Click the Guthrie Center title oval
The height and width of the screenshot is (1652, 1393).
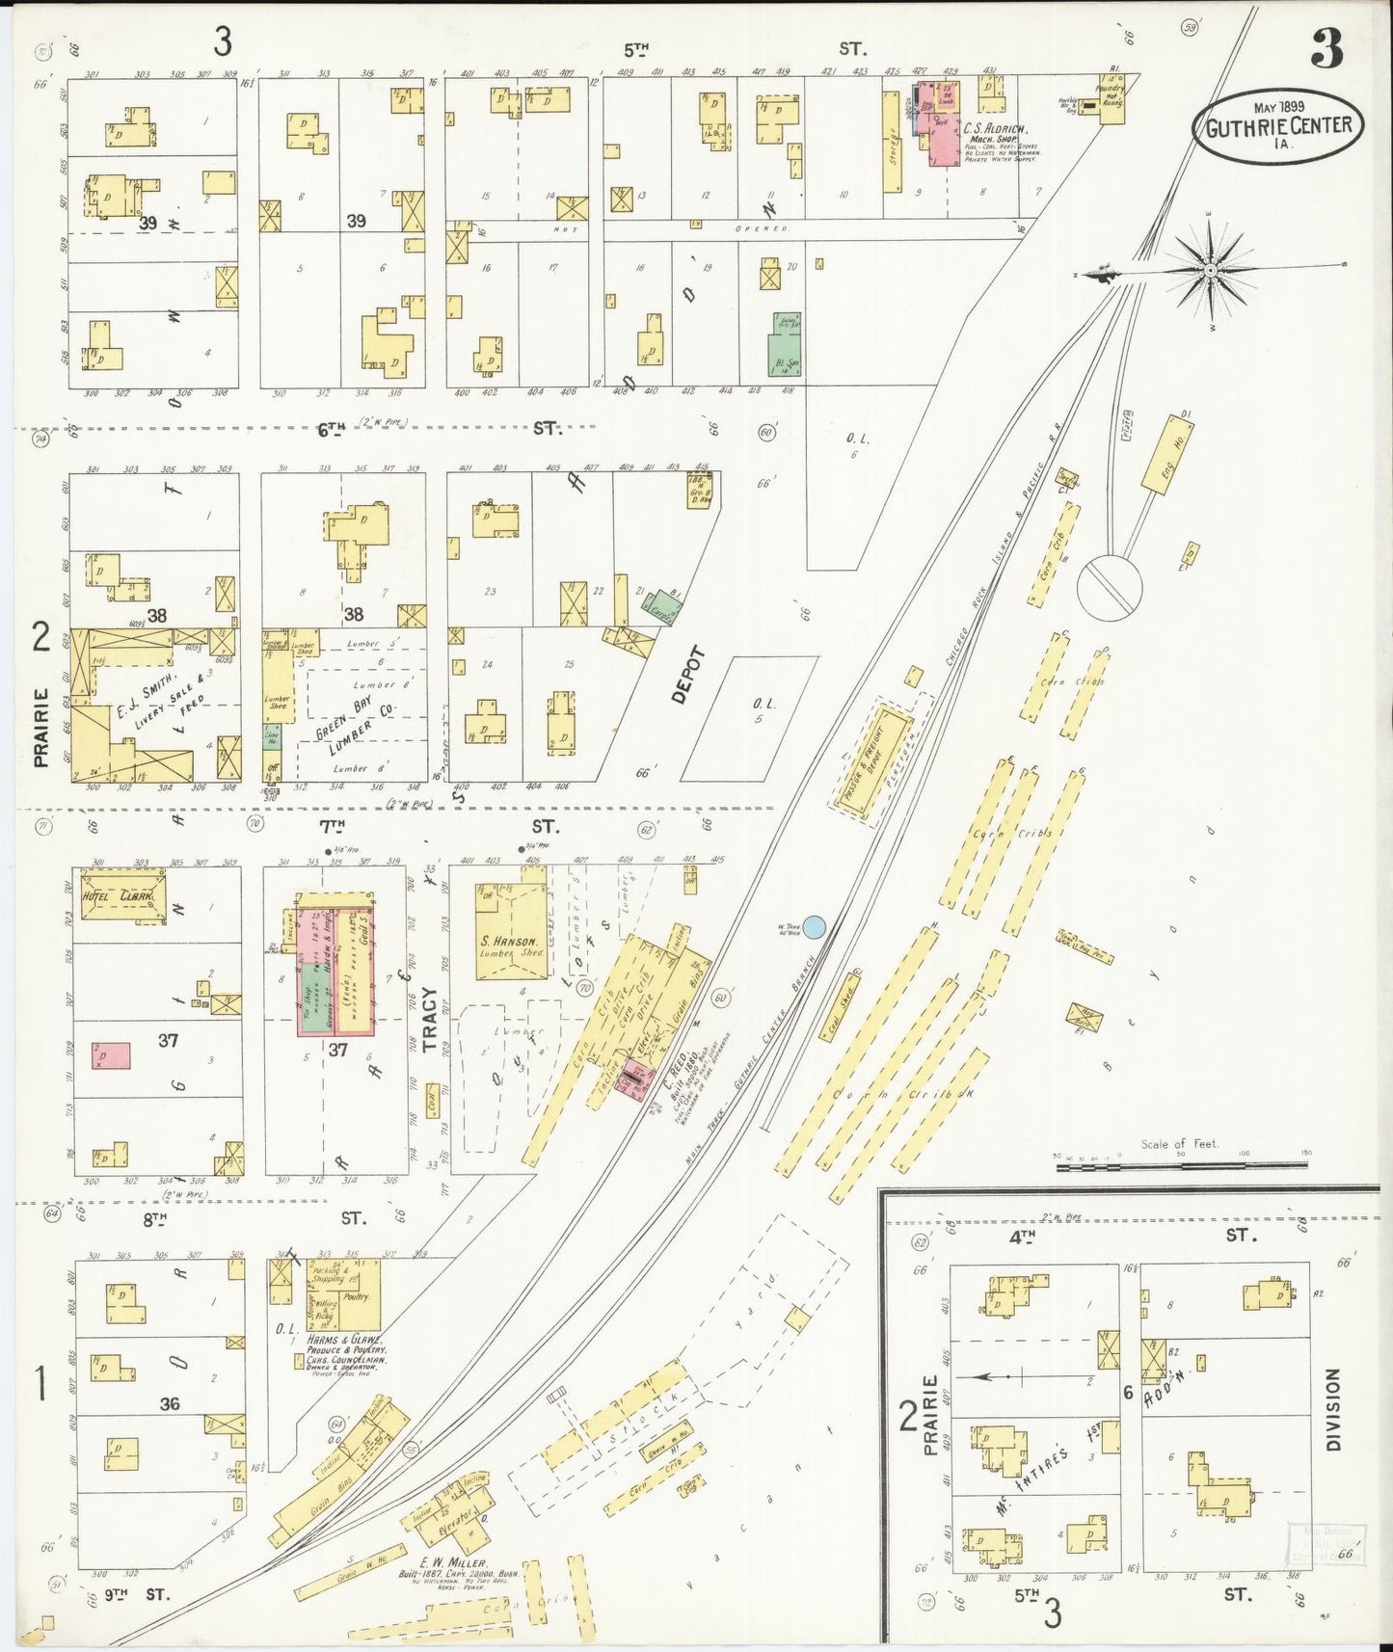(x=1277, y=125)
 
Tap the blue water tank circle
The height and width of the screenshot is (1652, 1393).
(x=814, y=927)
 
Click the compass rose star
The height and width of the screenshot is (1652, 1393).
(x=1210, y=271)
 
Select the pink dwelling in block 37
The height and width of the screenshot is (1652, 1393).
(x=111, y=1055)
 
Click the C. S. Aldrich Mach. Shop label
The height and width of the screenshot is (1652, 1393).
(x=996, y=132)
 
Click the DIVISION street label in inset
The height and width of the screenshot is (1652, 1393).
(x=1332, y=1410)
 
